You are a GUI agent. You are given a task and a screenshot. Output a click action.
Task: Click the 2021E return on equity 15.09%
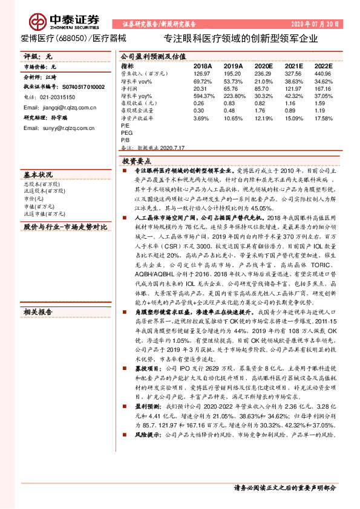(x=293, y=118)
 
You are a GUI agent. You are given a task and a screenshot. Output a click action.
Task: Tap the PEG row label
(x=127, y=132)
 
